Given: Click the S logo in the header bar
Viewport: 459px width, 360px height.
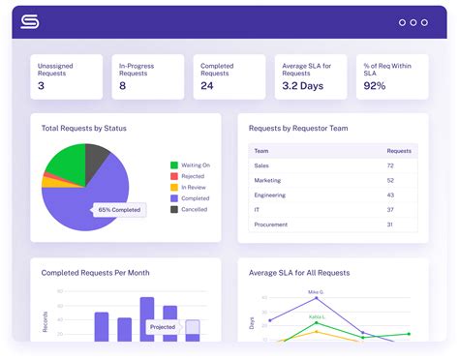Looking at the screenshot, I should pyautogui.click(x=30, y=20).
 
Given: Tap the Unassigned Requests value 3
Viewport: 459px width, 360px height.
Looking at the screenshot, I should pyautogui.click(x=41, y=86).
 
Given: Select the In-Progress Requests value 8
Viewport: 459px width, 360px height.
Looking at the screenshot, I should pyautogui.click(x=122, y=86).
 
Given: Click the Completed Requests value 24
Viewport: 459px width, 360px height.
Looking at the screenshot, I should pyautogui.click(x=208, y=86).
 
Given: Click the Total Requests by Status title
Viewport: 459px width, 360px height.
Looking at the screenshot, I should pyautogui.click(x=83, y=128).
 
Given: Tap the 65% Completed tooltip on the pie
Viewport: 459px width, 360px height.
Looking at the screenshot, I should pyautogui.click(x=119, y=209).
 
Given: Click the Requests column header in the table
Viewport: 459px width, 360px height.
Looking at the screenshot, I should pyautogui.click(x=398, y=151).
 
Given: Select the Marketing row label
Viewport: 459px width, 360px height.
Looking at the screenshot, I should pyautogui.click(x=267, y=180).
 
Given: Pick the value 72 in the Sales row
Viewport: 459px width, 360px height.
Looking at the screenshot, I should pyautogui.click(x=390, y=166).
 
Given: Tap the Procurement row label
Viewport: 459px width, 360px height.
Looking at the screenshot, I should pyautogui.click(x=270, y=225).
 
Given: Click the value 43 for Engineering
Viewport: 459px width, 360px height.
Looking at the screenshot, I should pyautogui.click(x=390, y=195).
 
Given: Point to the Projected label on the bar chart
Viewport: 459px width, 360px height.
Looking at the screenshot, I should pyautogui.click(x=162, y=327).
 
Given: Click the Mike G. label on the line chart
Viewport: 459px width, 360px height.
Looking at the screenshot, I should pyautogui.click(x=316, y=291).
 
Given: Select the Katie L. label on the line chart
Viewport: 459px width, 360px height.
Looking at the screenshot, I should pyautogui.click(x=317, y=316).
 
